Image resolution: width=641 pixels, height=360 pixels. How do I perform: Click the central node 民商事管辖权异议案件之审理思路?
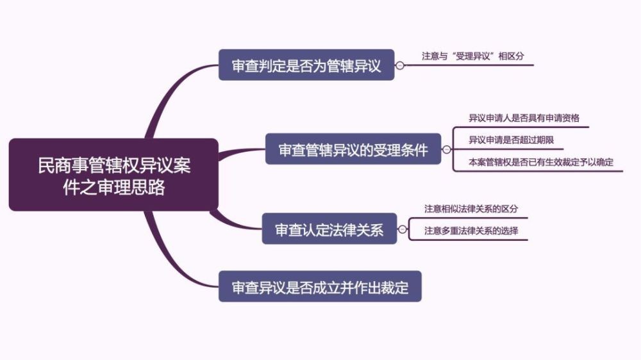(113, 174)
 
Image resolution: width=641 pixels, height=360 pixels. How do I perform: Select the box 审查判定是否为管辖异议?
(306, 65)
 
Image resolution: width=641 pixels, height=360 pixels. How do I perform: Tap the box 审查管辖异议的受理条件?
(353, 149)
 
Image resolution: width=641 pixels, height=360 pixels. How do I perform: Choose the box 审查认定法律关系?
(329, 229)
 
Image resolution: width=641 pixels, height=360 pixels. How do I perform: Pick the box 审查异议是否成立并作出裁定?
(320, 287)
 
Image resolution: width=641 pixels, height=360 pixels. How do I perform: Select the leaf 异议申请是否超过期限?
(511, 140)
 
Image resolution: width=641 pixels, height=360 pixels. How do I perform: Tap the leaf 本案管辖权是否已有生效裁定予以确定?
(541, 162)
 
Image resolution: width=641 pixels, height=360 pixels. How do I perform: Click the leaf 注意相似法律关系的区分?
(476, 209)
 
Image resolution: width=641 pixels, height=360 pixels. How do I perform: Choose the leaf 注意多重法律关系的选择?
(476, 231)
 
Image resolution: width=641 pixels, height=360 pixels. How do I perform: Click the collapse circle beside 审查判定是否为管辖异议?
(400, 65)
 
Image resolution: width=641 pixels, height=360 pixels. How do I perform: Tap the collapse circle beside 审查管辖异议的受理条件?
(447, 150)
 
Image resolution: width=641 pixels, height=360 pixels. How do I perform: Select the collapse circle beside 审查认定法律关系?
(403, 229)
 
